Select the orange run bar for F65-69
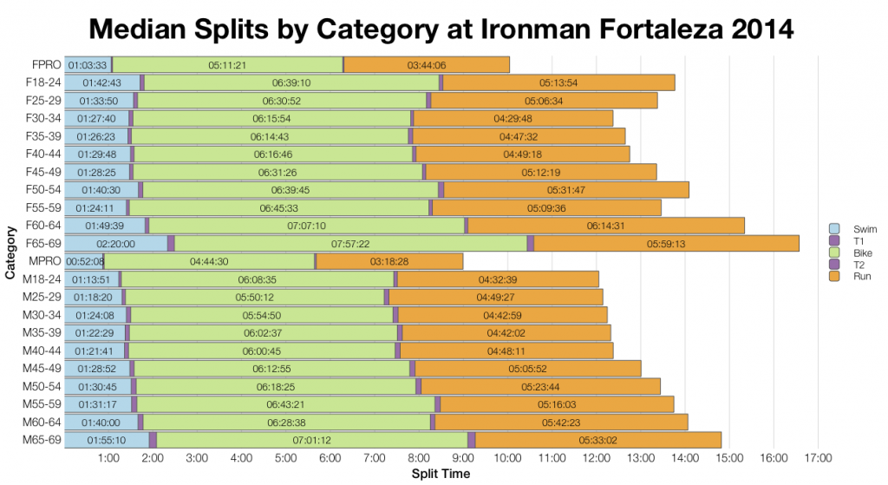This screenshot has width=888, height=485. click(x=666, y=244)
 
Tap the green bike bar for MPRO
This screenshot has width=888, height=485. click(x=209, y=261)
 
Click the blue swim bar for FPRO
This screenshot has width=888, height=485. click(x=88, y=65)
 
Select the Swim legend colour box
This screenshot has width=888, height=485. click(x=835, y=228)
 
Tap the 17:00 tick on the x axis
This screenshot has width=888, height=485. click(x=818, y=458)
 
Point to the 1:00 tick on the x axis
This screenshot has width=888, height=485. click(x=108, y=458)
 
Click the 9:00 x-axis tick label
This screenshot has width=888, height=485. click(x=463, y=458)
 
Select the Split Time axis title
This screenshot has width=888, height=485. click(x=441, y=474)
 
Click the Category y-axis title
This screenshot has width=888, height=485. click(x=10, y=252)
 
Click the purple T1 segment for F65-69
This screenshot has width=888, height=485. click(x=171, y=244)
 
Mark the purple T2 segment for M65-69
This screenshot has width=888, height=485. click(x=472, y=440)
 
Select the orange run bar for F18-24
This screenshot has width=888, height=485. click(x=558, y=82)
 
